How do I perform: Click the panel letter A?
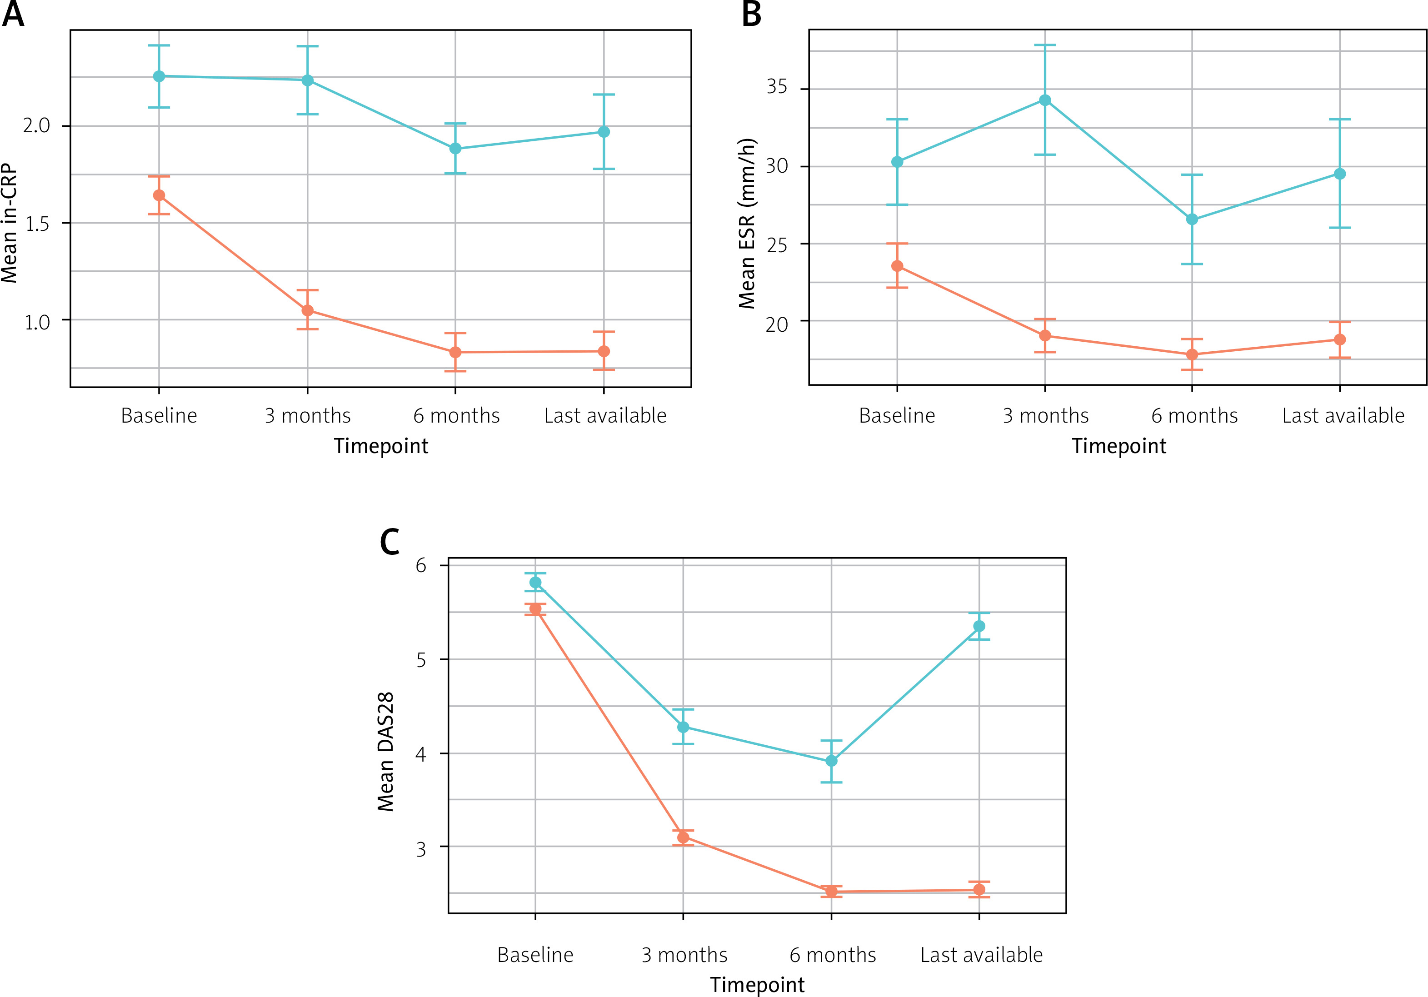[13, 14]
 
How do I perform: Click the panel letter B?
[751, 14]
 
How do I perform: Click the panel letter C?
[389, 542]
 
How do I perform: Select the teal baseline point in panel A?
[159, 76]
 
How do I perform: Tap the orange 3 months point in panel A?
[307, 310]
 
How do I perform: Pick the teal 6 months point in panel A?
[455, 149]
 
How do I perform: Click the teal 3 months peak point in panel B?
[1045, 100]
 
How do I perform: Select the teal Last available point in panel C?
[979, 626]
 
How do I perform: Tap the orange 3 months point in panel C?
[683, 837]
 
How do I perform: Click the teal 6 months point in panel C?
[831, 761]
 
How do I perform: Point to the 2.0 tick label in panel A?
[36, 125]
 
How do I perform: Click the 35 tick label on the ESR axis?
[777, 87]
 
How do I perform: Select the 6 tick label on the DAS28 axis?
[421, 565]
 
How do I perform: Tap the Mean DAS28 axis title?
[385, 751]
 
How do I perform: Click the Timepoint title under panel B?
[1119, 446]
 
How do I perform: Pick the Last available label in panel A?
[604, 415]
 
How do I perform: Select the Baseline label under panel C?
[535, 955]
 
